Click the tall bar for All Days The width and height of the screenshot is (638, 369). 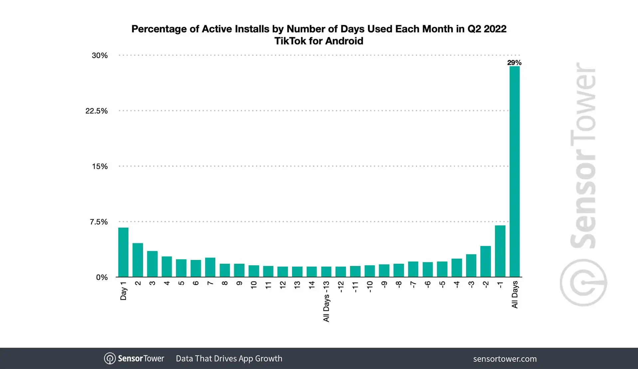tap(514, 171)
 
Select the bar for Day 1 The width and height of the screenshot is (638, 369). tap(123, 252)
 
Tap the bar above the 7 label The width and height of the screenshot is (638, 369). tap(210, 267)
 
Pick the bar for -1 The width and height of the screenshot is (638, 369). tap(500, 251)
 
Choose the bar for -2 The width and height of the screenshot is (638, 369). tap(485, 262)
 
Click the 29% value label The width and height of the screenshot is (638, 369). tap(514, 62)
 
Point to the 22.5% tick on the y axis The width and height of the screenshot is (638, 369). tap(96, 111)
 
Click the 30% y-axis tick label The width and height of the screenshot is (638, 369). tap(99, 56)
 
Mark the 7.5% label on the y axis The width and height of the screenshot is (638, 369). tap(98, 222)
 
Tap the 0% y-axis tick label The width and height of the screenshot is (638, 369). tap(102, 277)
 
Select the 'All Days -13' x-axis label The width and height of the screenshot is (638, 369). tap(326, 302)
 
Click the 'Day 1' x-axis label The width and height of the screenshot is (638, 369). tap(123, 291)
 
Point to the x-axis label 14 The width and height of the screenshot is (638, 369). tap(312, 285)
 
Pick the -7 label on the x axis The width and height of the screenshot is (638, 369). tap(413, 285)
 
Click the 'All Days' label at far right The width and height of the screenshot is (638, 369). tap(515, 295)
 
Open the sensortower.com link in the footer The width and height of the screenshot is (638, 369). tap(505, 359)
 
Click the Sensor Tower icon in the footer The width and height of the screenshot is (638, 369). tap(110, 358)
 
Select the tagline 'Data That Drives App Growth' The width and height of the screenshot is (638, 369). tap(229, 358)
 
